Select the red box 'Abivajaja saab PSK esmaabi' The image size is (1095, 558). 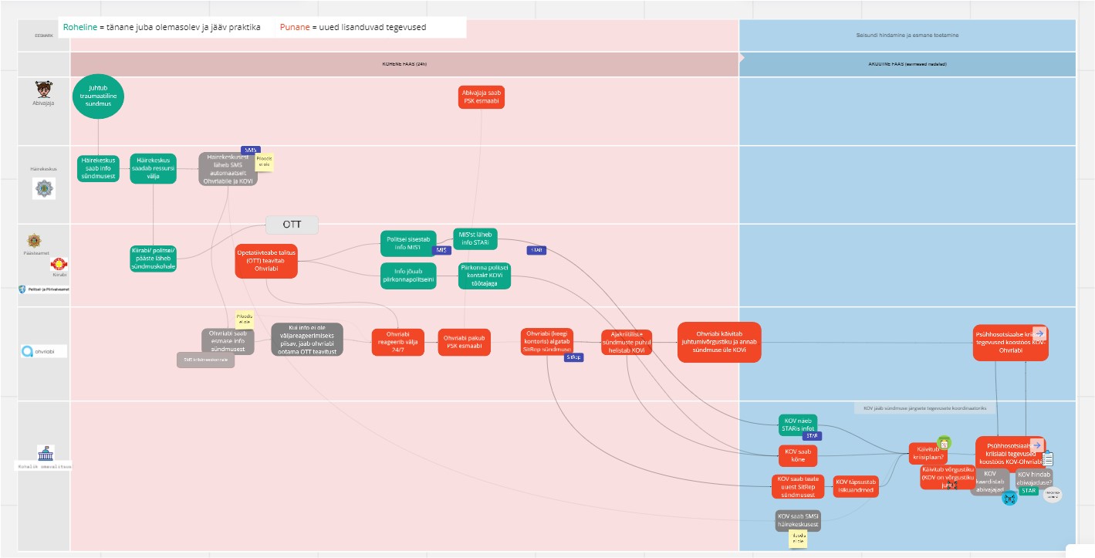coord(482,97)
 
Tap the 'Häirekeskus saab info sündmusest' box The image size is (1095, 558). coord(98,169)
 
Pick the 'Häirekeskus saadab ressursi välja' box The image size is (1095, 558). coord(153,169)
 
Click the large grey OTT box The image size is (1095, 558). coord(292,225)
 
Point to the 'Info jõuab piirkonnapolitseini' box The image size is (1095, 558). coord(408,276)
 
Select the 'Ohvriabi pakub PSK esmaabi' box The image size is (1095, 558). coord(465,341)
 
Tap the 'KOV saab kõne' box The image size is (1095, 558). coord(797,455)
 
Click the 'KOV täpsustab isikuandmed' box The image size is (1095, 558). coord(855,486)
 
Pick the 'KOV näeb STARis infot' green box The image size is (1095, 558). coord(797,424)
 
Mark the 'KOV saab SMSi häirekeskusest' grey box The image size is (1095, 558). coord(798,521)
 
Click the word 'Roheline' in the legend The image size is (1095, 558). coord(80,28)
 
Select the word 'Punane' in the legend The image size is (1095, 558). coord(294,28)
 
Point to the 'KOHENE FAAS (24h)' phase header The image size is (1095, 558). coord(404,64)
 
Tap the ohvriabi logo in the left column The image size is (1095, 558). coord(43,351)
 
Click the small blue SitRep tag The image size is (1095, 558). coord(573,357)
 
